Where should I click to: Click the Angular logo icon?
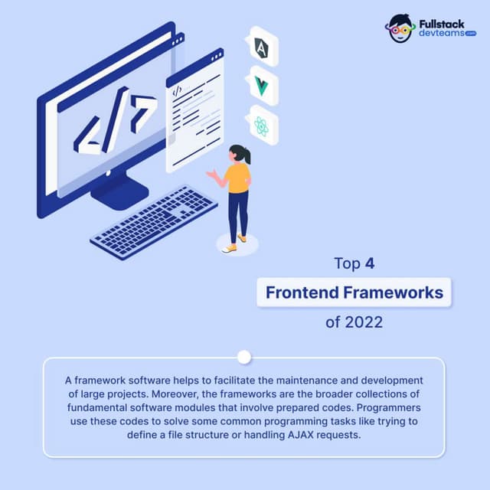tap(262, 47)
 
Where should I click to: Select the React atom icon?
tap(262, 126)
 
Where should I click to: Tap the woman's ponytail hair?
tap(245, 155)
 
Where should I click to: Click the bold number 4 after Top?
tap(369, 264)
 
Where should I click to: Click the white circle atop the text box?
tap(244, 357)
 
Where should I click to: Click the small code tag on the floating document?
tap(177, 90)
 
